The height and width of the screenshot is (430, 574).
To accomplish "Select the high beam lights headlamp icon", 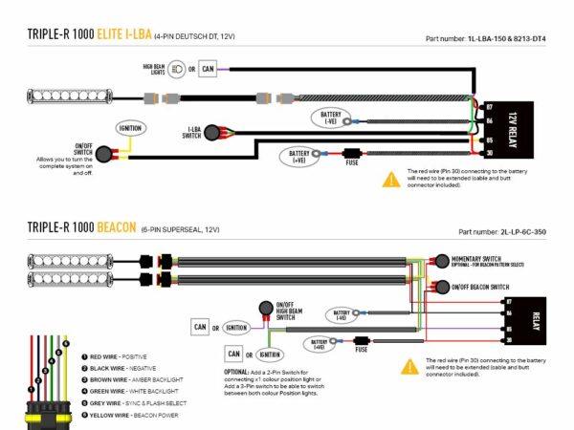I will pos(179,70).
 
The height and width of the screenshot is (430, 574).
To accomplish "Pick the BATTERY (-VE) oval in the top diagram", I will pos(327,118).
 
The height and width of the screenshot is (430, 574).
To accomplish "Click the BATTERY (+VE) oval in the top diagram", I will pos(298,154).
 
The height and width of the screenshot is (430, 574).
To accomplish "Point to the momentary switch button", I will pos(441,261).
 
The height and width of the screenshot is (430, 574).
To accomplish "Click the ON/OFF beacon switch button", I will pos(441,287).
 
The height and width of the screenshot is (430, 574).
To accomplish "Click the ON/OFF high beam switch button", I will pos(264,308).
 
